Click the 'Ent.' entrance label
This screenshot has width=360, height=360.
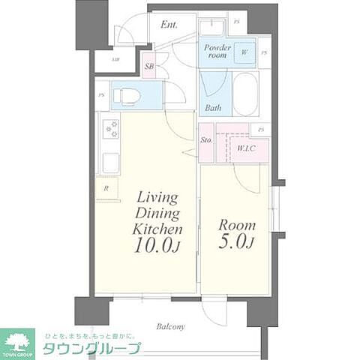(x=169, y=23)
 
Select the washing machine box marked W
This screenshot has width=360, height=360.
(x=244, y=52)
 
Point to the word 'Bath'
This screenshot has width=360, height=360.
(x=213, y=108)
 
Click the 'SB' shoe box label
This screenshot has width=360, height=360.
(x=148, y=66)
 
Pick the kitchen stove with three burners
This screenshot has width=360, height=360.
(x=111, y=129)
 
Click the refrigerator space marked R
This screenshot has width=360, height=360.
(x=106, y=189)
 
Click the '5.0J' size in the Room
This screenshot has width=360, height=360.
(x=236, y=241)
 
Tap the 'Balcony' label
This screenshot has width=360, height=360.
(x=170, y=327)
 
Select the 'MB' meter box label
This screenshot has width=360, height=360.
(x=115, y=58)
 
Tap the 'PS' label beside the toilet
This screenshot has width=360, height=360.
(x=100, y=95)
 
